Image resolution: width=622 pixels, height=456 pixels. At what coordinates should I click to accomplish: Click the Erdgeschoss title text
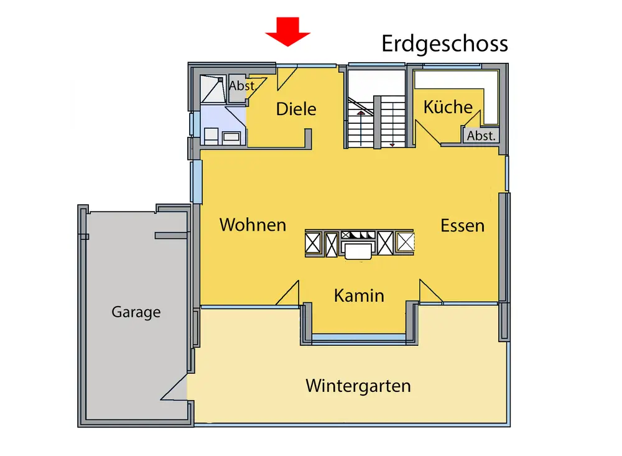tap(445, 44)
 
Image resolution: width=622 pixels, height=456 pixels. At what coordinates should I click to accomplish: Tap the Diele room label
tap(296, 109)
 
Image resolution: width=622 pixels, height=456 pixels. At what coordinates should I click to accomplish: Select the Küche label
tap(448, 107)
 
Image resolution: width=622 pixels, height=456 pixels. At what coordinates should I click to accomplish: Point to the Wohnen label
tap(253, 225)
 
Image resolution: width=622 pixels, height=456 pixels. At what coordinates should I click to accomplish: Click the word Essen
tap(462, 225)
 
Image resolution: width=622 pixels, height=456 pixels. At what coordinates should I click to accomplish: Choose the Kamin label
tap(359, 295)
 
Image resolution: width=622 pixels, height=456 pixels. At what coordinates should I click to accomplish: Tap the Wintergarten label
tap(358, 386)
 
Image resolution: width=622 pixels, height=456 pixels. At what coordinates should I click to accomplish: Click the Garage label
tap(136, 312)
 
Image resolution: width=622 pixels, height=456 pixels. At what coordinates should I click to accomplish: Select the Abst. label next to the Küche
tap(481, 136)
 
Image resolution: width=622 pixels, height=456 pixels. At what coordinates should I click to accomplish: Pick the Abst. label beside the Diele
tap(242, 86)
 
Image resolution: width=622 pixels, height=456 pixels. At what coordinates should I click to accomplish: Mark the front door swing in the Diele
tap(285, 77)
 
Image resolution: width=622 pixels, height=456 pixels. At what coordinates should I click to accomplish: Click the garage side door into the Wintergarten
tap(175, 388)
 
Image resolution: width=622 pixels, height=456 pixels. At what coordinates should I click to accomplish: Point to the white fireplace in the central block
tap(358, 250)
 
